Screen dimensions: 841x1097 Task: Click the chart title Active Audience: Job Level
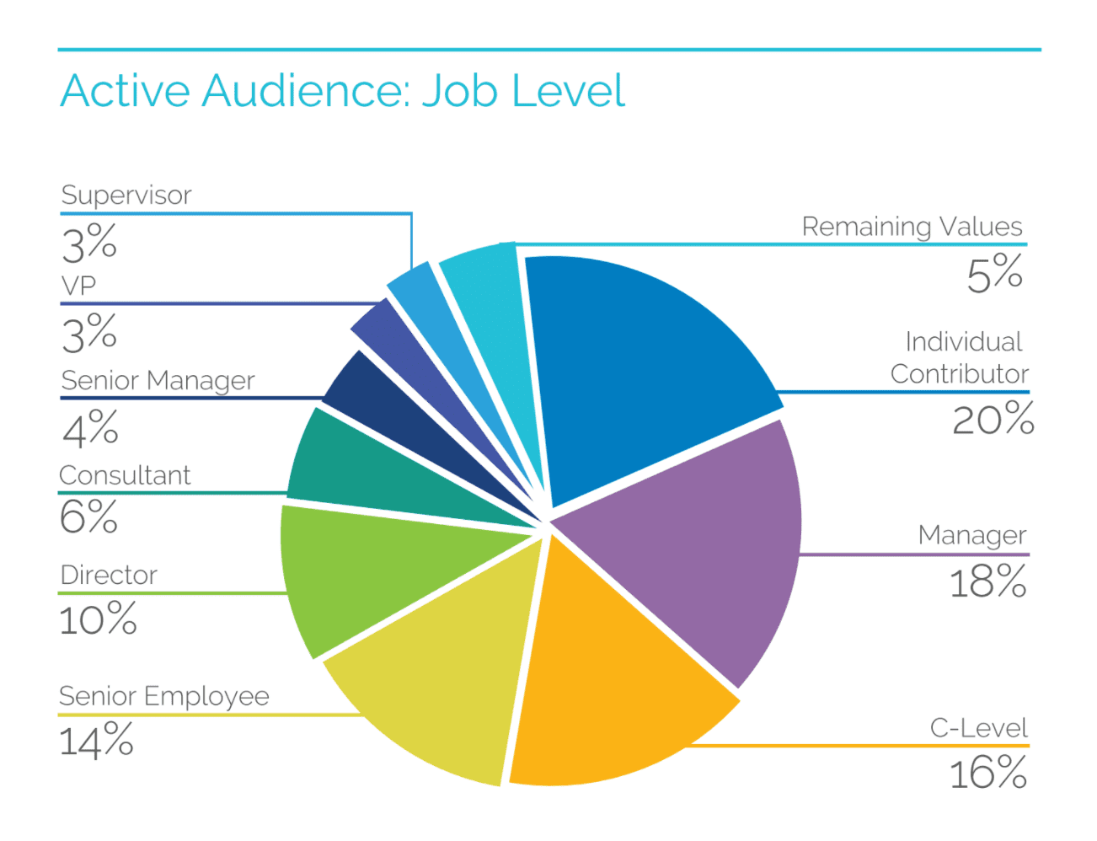pos(342,91)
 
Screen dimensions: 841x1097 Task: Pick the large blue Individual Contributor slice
pos(640,362)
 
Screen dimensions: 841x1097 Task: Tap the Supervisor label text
pos(126,196)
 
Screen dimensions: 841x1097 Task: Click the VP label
pos(78,287)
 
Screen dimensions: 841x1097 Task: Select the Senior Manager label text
pos(158,381)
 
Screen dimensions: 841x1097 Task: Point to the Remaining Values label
pos(912,227)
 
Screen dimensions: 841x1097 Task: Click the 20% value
pos(993,420)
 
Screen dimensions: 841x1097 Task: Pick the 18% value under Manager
pos(987,582)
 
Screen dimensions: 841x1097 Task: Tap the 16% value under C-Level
pos(987,774)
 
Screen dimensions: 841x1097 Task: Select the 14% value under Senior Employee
pos(96,742)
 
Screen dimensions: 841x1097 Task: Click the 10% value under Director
pos(98,621)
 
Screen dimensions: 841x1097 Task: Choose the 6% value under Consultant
pos(88,517)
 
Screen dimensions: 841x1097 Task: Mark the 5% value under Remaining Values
pos(994,275)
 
